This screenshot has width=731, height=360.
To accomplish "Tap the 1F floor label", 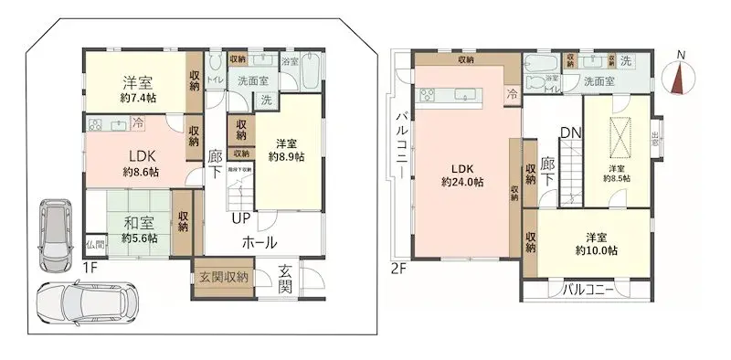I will [x=90, y=267].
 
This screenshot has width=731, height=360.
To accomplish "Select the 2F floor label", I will [x=398, y=267].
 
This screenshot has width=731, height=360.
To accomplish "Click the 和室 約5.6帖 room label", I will [x=139, y=228].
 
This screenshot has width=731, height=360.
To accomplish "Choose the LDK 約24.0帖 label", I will [x=462, y=174].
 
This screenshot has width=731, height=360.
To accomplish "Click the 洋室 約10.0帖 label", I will [x=596, y=241].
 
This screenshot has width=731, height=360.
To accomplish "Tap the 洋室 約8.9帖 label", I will [x=287, y=149].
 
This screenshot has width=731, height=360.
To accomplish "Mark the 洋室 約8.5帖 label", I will [x=619, y=173].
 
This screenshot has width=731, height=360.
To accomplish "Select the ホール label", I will [x=260, y=242].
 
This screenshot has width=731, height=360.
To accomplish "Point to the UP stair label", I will [x=241, y=218].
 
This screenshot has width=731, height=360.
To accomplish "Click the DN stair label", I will [x=570, y=132].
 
